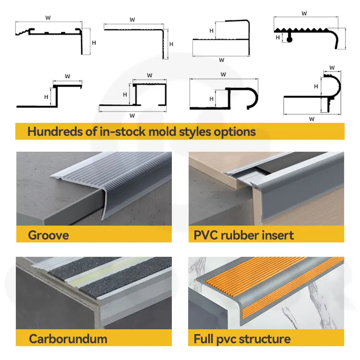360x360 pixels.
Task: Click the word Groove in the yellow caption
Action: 48,235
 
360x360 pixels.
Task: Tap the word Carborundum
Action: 68,339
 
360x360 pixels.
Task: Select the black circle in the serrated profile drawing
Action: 289,40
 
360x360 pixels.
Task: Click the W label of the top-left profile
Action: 48,18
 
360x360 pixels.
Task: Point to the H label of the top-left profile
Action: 94,43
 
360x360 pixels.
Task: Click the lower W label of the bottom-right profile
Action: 312,119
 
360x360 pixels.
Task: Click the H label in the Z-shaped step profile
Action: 46,96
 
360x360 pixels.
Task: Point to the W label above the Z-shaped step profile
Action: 68,76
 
